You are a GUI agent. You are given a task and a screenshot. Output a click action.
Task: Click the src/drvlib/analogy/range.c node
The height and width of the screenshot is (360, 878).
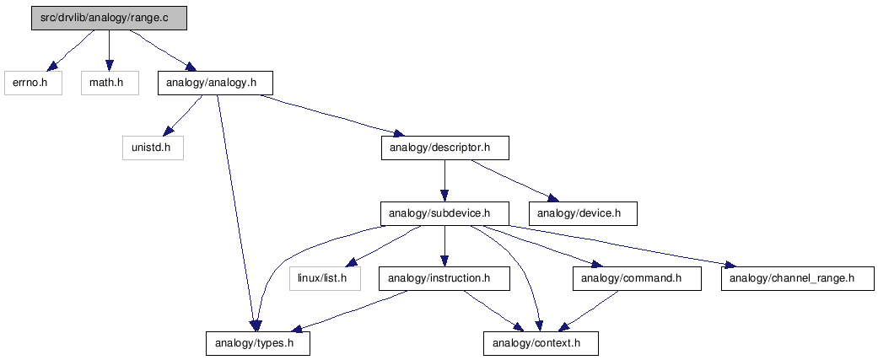109,19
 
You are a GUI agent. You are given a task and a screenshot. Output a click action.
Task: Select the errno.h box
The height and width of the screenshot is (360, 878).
33,83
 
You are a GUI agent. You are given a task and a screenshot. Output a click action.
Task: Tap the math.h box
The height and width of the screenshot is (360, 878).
110,83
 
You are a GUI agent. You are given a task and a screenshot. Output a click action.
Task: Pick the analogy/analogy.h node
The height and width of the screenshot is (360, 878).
215,83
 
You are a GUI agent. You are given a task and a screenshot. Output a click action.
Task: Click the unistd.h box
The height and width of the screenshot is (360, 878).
153,148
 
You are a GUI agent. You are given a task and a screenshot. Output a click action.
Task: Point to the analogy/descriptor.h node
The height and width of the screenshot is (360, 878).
445,148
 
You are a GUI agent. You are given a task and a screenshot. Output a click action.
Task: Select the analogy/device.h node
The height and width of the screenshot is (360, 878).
583,213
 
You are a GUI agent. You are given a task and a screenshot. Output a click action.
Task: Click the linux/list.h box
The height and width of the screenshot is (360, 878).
326,278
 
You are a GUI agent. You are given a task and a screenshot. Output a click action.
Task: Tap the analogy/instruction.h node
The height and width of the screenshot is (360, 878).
444,278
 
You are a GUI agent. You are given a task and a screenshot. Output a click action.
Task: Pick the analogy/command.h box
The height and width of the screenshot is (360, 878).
638,278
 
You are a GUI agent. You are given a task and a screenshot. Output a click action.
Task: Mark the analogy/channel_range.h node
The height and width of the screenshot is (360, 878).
797,278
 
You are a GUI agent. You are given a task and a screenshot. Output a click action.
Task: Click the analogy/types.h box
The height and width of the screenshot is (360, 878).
257,343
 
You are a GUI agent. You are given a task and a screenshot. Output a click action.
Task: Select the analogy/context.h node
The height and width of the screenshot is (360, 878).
541,343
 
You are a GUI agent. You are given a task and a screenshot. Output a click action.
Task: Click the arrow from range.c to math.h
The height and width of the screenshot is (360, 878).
109,51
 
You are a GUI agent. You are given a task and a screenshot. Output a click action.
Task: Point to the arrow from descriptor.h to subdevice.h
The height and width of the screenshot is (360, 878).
444,180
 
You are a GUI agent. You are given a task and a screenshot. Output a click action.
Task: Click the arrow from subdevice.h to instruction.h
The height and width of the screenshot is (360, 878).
444,246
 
